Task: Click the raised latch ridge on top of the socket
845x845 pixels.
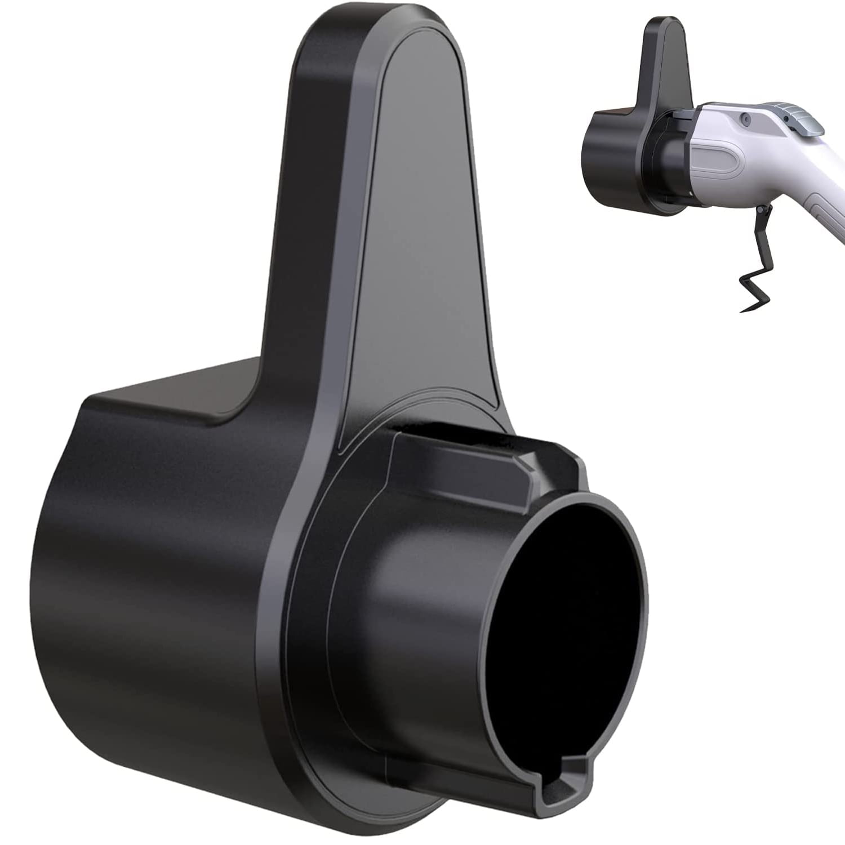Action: tap(468, 451)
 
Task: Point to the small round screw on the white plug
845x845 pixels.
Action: tap(746, 118)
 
